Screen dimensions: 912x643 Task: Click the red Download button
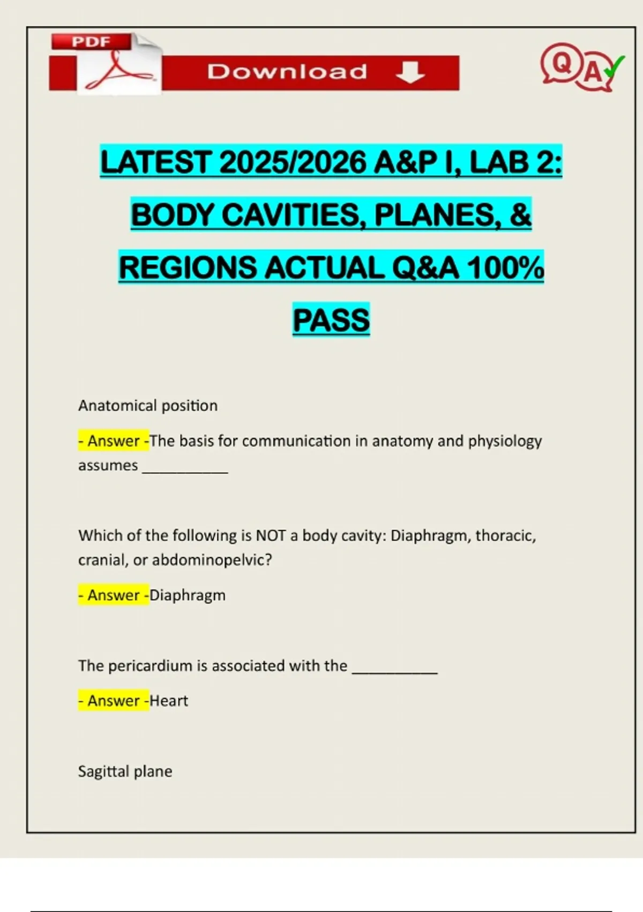coord(311,72)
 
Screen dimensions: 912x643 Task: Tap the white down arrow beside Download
coord(410,72)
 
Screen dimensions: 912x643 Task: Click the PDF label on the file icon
coord(91,42)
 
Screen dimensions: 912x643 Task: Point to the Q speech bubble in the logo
coord(560,63)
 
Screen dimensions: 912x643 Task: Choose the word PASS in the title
coord(331,320)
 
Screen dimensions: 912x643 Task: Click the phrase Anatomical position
coord(148,406)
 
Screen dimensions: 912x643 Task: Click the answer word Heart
coord(169,701)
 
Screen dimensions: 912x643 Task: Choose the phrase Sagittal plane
coord(125,771)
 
